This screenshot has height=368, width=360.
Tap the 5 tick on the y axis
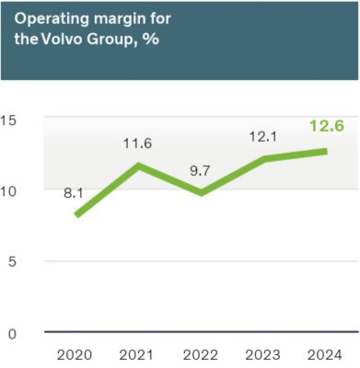(x=11, y=261)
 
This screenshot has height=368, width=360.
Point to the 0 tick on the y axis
(x=11, y=333)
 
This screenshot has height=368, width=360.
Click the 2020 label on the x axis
(x=75, y=354)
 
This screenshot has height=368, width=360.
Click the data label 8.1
(x=75, y=194)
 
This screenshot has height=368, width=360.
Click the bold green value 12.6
(x=326, y=126)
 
